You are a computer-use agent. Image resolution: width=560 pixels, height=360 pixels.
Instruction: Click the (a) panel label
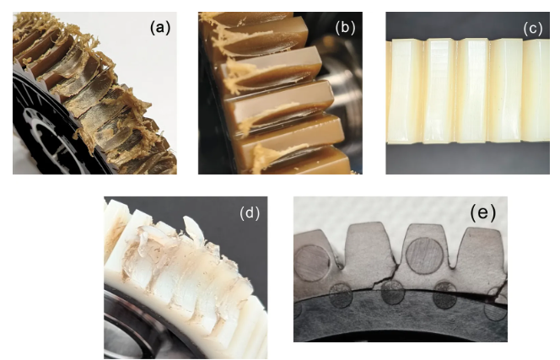pyautogui.click(x=160, y=28)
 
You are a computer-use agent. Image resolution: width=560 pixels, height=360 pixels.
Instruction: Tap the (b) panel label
pyautogui.click(x=345, y=28)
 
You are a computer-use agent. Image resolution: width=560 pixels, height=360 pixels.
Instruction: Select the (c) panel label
pyautogui.click(x=533, y=29)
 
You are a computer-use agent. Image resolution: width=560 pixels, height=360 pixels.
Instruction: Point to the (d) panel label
pyautogui.click(x=250, y=212)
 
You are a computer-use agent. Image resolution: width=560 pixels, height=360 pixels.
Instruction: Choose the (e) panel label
pyautogui.click(x=483, y=212)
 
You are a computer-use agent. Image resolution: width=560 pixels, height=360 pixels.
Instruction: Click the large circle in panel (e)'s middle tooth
pyautogui.click(x=425, y=255)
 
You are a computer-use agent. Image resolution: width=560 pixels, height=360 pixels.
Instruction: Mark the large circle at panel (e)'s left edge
pyautogui.click(x=312, y=262)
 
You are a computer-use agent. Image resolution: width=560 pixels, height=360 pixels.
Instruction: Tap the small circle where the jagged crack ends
pyautogui.click(x=392, y=293)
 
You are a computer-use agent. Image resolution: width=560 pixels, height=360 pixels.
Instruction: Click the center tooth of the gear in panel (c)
pyautogui.click(x=472, y=90)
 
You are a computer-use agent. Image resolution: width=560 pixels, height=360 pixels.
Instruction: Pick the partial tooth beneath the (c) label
pyautogui.click(x=536, y=89)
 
